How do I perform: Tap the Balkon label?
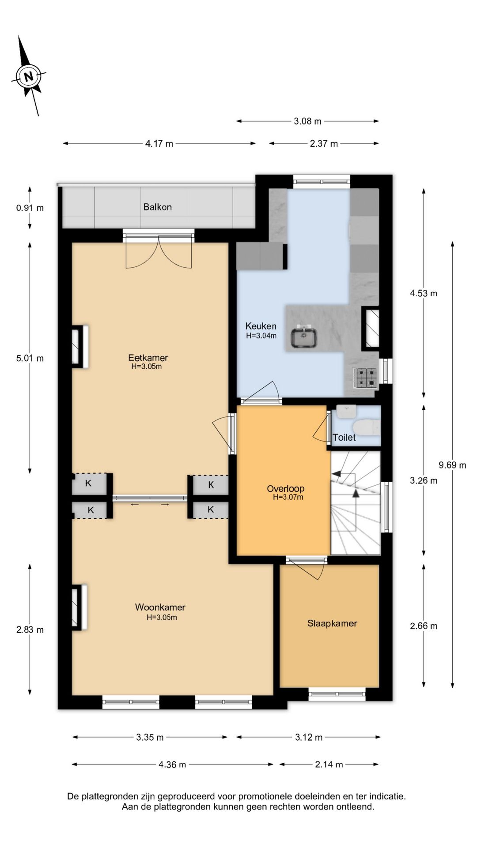point(158,207)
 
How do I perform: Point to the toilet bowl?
point(367,427)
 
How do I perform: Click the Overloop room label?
point(286,488)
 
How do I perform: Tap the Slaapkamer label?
point(332,623)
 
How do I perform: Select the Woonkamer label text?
point(160,607)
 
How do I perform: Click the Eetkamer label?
point(148,357)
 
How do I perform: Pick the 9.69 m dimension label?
point(452,465)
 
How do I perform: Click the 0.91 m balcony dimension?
point(30,208)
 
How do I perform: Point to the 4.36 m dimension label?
point(172,765)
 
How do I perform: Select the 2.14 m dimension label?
point(329,765)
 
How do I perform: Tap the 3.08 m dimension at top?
point(308,121)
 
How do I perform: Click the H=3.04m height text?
point(261,336)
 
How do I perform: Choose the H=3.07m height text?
point(288,497)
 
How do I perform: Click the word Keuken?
point(261,326)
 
